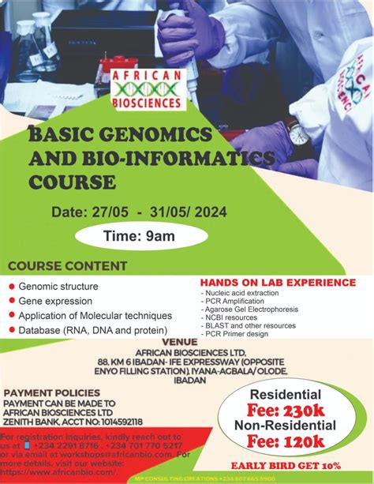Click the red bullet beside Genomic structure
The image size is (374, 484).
click(x=11, y=287)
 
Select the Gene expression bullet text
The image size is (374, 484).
click(x=54, y=301)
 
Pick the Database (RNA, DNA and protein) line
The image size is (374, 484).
click(x=92, y=330)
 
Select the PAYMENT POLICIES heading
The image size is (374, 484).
click(x=52, y=392)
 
